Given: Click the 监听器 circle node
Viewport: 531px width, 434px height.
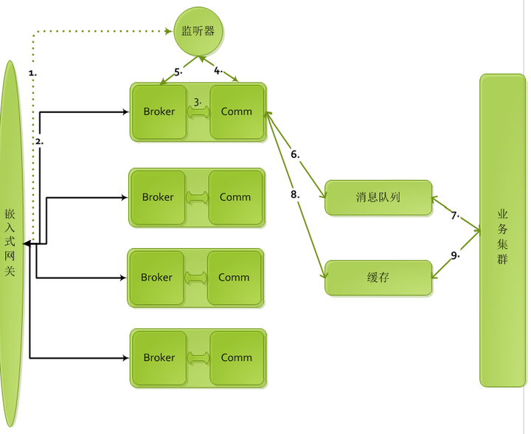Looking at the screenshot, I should pyautogui.click(x=198, y=31).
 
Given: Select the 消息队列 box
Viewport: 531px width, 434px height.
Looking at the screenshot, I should pyautogui.click(x=378, y=197).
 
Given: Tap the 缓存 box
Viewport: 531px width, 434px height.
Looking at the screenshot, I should pyautogui.click(x=378, y=278).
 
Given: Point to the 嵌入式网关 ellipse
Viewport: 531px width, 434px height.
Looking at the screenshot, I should pyautogui.click(x=10, y=244).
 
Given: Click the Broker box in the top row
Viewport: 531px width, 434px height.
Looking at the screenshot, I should pyautogui.click(x=159, y=112).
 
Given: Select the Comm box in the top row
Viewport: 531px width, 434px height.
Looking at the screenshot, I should pyautogui.click(x=237, y=112).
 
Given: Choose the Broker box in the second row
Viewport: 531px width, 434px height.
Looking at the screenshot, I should pyautogui.click(x=158, y=197).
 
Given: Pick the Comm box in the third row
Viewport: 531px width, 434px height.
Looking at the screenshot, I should pyautogui.click(x=234, y=278).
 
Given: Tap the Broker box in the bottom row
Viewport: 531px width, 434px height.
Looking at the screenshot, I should pyautogui.click(x=159, y=357).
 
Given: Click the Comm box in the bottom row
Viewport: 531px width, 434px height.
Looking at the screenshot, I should pyautogui.click(x=237, y=357).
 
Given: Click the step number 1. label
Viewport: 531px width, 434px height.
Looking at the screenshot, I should pyautogui.click(x=32, y=73).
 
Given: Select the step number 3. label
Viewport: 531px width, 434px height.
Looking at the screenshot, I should pyautogui.click(x=197, y=102).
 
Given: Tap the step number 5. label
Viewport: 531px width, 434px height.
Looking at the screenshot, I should pyautogui.click(x=178, y=72).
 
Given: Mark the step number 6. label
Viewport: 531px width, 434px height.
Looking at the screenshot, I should pyautogui.click(x=295, y=155).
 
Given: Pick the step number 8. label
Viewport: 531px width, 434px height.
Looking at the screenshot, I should pyautogui.click(x=295, y=195).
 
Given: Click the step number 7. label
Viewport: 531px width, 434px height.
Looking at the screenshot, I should pyautogui.click(x=455, y=216).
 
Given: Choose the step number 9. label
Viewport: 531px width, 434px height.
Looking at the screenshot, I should pyautogui.click(x=455, y=255).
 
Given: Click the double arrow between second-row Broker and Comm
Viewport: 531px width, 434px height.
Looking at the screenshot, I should pyautogui.click(x=196, y=197).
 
